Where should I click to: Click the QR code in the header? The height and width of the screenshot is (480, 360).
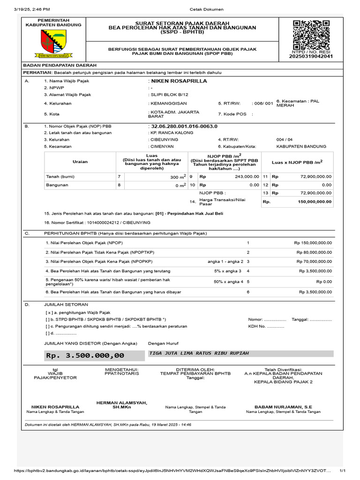(x=311, y=35)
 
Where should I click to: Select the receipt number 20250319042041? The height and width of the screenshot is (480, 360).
(x=312, y=56)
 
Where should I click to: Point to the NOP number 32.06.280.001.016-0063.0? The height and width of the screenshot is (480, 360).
(x=184, y=127)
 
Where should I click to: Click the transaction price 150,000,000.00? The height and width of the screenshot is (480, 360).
(x=315, y=202)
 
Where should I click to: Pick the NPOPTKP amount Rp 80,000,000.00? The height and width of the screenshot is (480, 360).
(x=313, y=252)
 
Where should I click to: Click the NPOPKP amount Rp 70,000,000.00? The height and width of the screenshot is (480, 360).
(x=313, y=262)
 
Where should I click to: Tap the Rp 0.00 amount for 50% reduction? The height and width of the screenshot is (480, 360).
(x=324, y=282)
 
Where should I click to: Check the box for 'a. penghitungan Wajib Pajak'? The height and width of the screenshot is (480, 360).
(x=48, y=312)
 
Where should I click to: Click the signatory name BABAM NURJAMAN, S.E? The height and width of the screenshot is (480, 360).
(x=283, y=407)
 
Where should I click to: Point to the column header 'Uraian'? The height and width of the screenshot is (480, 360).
(x=80, y=162)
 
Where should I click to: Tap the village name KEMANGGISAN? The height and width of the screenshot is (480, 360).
(x=168, y=103)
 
